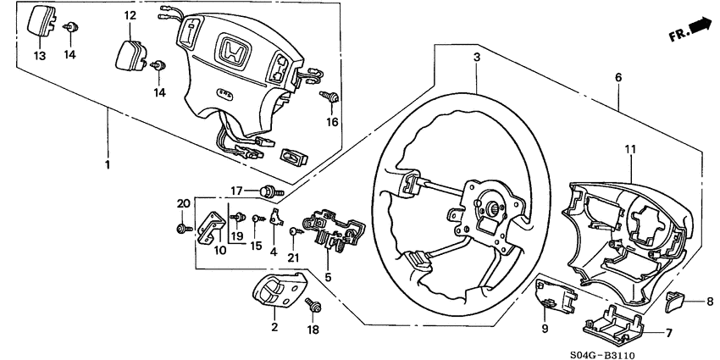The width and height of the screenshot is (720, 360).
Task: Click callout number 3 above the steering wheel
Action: [476, 57]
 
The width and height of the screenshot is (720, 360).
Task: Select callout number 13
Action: [40, 56]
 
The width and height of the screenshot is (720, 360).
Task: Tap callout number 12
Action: [130, 15]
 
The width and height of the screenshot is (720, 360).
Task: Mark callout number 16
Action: [332, 122]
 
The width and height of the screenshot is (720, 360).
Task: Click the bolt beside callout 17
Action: [271, 191]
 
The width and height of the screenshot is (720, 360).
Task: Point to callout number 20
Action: [180, 202]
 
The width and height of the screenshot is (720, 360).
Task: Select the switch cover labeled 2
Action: [278, 293]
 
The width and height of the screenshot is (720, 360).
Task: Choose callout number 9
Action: [546, 328]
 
